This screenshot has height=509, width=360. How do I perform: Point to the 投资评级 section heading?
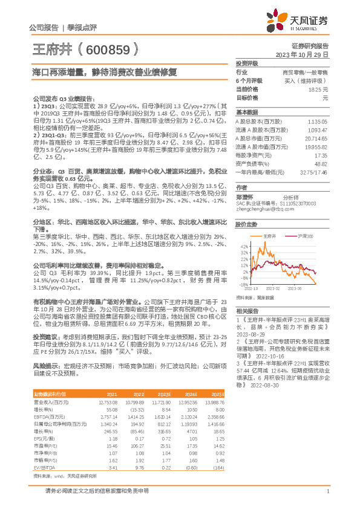[247, 63]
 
